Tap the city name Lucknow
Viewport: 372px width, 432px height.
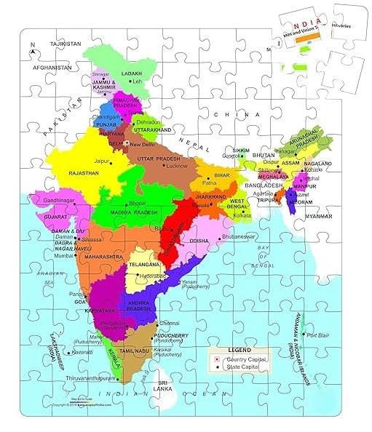tap(177, 166)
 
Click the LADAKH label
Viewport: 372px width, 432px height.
tap(131, 73)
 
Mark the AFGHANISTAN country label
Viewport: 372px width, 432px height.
tap(49, 68)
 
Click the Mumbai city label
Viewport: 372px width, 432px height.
tap(63, 256)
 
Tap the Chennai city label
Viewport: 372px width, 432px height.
tap(170, 322)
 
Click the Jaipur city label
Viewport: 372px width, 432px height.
tap(100, 161)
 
